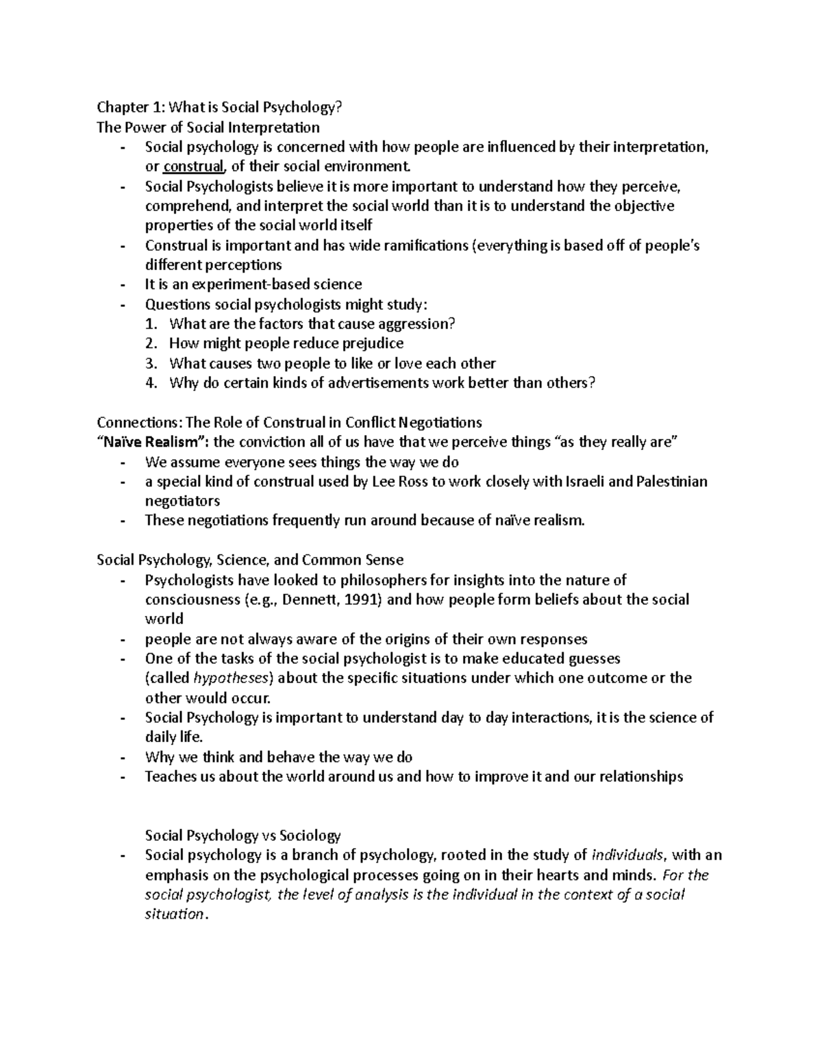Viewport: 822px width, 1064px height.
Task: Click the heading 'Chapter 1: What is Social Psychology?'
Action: point(219,107)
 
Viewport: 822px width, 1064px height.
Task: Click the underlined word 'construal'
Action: point(193,166)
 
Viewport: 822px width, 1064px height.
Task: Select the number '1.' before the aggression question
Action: point(152,323)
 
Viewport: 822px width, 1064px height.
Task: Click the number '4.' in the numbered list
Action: point(152,383)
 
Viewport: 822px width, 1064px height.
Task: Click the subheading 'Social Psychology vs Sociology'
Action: point(242,835)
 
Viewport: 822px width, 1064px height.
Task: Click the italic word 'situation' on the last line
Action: point(174,914)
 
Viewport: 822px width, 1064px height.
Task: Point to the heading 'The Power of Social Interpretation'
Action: point(208,127)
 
